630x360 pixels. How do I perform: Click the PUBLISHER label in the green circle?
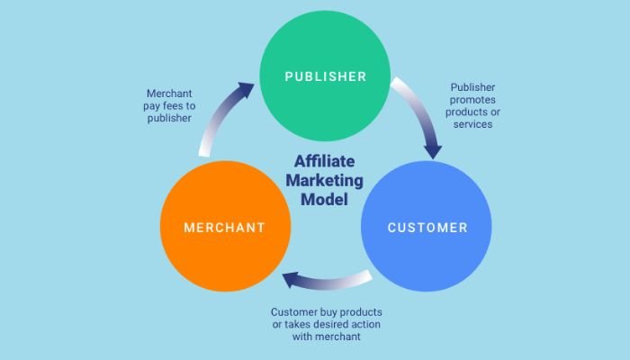pyautogui.click(x=326, y=76)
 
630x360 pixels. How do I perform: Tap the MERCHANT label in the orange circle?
pyautogui.click(x=225, y=228)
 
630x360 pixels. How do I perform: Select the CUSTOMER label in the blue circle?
pyautogui.click(x=427, y=228)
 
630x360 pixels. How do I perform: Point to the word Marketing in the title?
pyautogui.click(x=326, y=181)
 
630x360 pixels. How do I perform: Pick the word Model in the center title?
pyautogui.click(x=326, y=199)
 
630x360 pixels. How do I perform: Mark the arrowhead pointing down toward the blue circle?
pyautogui.click(x=434, y=148)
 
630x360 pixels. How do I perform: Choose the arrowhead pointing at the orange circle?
pyautogui.click(x=291, y=282)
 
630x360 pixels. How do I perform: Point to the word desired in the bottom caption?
pyautogui.click(x=328, y=324)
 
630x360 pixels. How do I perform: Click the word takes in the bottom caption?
pyautogui.click(x=290, y=324)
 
